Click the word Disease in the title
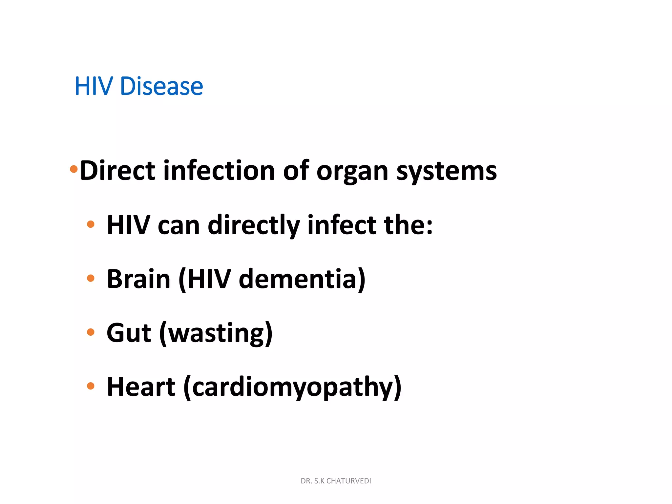161,86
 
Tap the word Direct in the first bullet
117,171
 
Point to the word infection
219,171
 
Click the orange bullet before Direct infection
74,169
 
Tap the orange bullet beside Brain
91,278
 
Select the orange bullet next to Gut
91,332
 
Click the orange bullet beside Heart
91,386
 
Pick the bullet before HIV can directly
91,224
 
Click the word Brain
138,279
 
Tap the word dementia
298,279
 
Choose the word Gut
129,333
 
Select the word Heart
141,387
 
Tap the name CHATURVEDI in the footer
348,481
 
